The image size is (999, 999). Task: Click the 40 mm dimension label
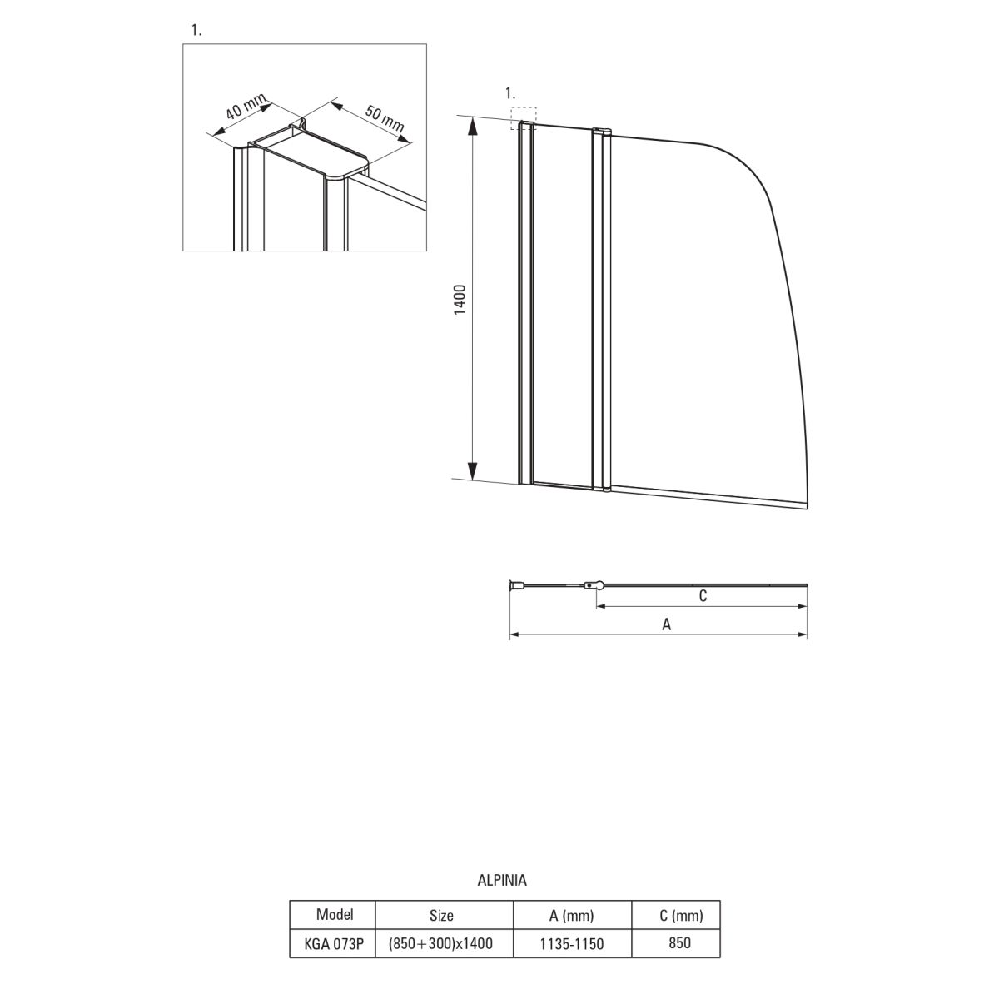click(x=246, y=107)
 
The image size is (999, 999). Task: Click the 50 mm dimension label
click(x=385, y=118)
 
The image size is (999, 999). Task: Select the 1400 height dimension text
click(x=460, y=299)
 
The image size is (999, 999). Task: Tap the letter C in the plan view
click(x=703, y=596)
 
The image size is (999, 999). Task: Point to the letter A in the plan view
click(x=666, y=624)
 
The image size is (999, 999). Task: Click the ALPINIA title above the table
click(x=502, y=880)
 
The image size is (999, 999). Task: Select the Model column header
click(x=335, y=914)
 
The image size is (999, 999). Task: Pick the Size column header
click(x=441, y=916)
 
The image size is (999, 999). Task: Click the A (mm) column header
click(x=571, y=916)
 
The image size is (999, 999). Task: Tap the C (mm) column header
click(x=681, y=916)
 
